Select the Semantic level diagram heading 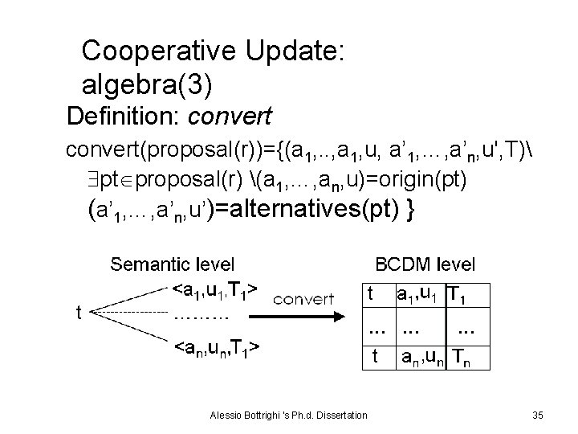coord(173,263)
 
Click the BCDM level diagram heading coord(425,263)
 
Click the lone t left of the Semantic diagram coord(79,313)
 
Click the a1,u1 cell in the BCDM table coord(415,295)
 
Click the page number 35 coord(538,415)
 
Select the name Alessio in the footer coord(225,415)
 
